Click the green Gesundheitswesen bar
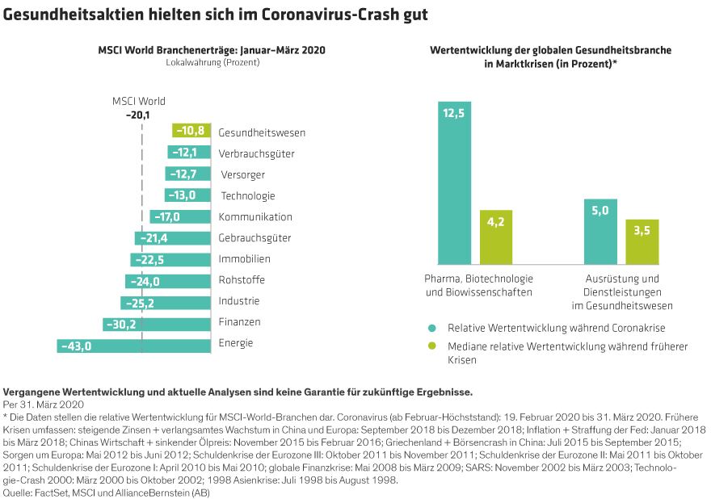(x=191, y=132)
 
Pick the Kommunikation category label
(x=255, y=217)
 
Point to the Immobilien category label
(x=245, y=259)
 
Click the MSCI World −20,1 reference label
(x=139, y=108)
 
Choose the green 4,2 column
(x=496, y=237)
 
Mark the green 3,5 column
(x=642, y=241)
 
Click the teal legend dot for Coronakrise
(x=433, y=329)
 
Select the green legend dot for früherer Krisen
(x=433, y=346)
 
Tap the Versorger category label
(x=242, y=174)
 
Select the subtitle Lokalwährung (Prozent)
(x=211, y=61)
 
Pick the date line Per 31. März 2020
(x=44, y=403)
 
